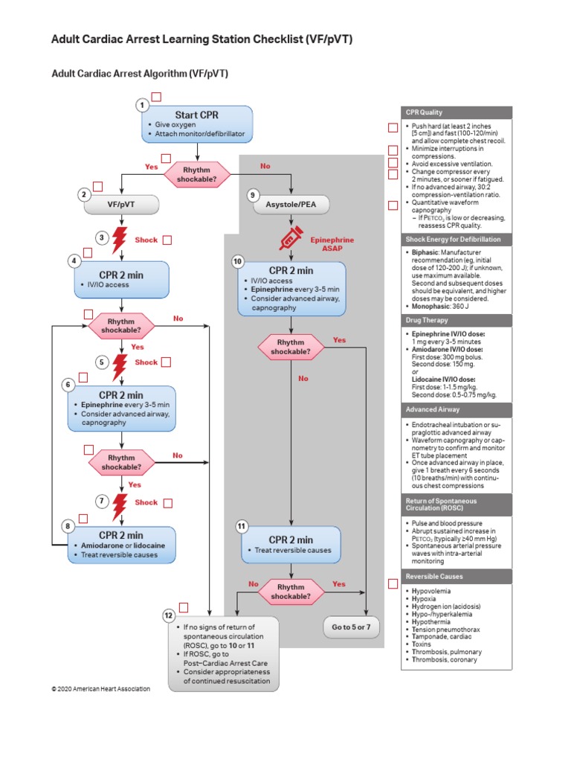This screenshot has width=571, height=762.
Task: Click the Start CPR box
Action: pyautogui.click(x=197, y=124)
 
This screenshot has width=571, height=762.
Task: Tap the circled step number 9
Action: pyautogui.click(x=253, y=195)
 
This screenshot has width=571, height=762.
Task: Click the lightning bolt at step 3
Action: pyautogui.click(x=118, y=240)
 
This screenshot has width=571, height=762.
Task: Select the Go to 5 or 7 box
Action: pyautogui.click(x=352, y=627)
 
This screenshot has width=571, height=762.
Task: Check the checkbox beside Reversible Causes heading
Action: pyautogui.click(x=393, y=583)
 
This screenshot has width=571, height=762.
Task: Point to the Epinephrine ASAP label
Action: pyautogui.click(x=332, y=245)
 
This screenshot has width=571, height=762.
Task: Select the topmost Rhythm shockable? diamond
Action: pyautogui.click(x=197, y=174)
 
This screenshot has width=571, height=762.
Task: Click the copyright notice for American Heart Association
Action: pyautogui.click(x=100, y=689)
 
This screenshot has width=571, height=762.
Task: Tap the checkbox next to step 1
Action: pyautogui.click(x=156, y=97)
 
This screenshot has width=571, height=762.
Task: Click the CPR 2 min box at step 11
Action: pyautogui.click(x=291, y=544)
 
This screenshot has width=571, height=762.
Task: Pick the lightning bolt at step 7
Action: pyautogui.click(x=118, y=507)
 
